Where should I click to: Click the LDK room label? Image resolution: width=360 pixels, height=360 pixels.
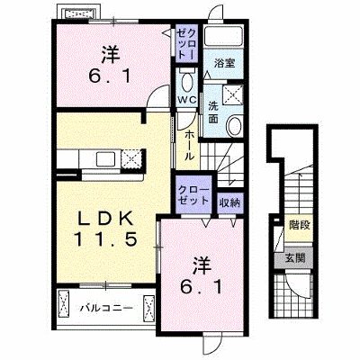[105, 219]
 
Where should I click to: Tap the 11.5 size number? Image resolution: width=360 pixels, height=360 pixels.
[105, 239]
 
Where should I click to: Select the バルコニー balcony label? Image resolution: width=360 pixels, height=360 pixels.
[106, 308]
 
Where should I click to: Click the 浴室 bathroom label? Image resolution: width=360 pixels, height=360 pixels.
[224, 63]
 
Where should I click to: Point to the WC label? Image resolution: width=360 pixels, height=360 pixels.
[186, 100]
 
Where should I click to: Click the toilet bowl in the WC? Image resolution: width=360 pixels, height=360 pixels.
[186, 82]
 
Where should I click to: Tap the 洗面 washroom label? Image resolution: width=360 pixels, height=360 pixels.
[213, 112]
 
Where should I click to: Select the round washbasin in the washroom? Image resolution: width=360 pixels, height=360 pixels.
[234, 126]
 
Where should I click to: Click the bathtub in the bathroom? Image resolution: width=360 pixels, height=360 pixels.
[224, 36]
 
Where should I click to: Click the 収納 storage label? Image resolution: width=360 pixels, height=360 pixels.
[229, 203]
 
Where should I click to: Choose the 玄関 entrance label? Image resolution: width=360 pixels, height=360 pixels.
[295, 257]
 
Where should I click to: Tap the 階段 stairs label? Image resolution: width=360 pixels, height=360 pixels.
[299, 225]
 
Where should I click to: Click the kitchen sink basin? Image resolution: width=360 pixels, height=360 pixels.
[105, 158]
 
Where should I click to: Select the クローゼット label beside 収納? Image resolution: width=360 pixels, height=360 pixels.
[193, 195]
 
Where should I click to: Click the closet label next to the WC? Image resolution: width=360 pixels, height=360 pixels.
[186, 44]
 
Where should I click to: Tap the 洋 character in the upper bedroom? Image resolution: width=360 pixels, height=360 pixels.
[111, 55]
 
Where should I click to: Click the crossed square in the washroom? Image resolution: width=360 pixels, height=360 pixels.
[233, 94]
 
